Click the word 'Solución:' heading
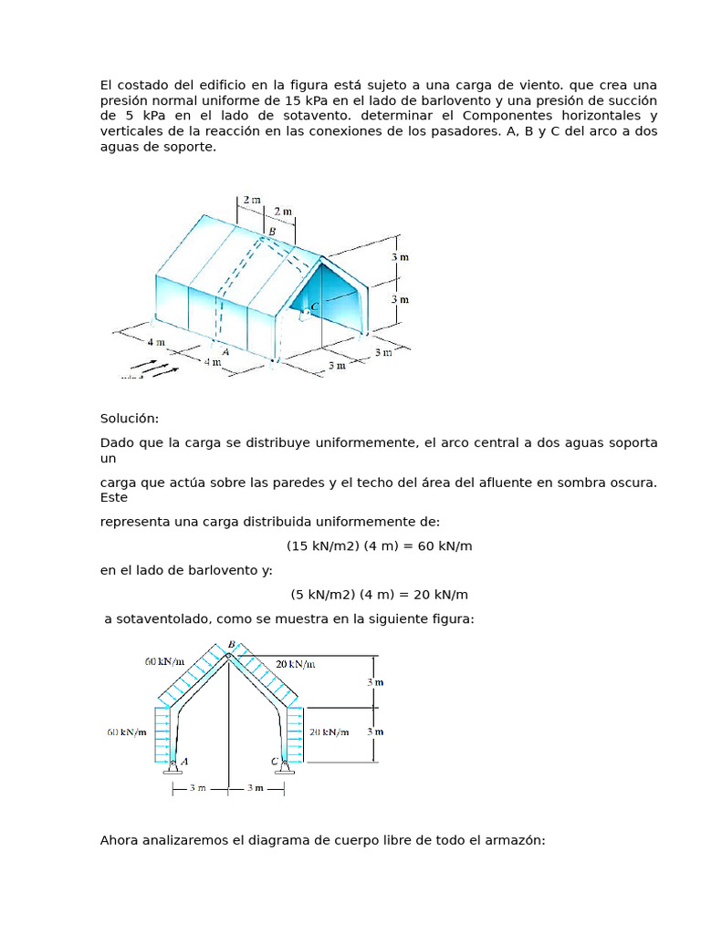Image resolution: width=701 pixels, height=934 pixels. click(x=129, y=419)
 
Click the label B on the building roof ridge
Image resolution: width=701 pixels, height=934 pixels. click(x=271, y=232)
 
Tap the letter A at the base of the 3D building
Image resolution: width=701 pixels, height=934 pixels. click(x=225, y=349)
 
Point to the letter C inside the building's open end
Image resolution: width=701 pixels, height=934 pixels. click(x=315, y=306)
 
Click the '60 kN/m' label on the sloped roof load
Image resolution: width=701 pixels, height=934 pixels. click(x=164, y=661)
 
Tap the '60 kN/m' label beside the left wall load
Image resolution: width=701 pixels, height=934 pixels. click(x=126, y=732)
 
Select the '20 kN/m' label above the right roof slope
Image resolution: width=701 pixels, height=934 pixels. click(x=296, y=663)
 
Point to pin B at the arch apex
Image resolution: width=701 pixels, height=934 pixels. click(x=229, y=654)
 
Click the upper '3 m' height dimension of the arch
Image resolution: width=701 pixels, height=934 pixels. click(x=375, y=681)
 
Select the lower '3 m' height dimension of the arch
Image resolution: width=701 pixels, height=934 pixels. click(x=375, y=732)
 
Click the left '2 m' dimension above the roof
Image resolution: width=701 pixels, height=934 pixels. click(x=250, y=198)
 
